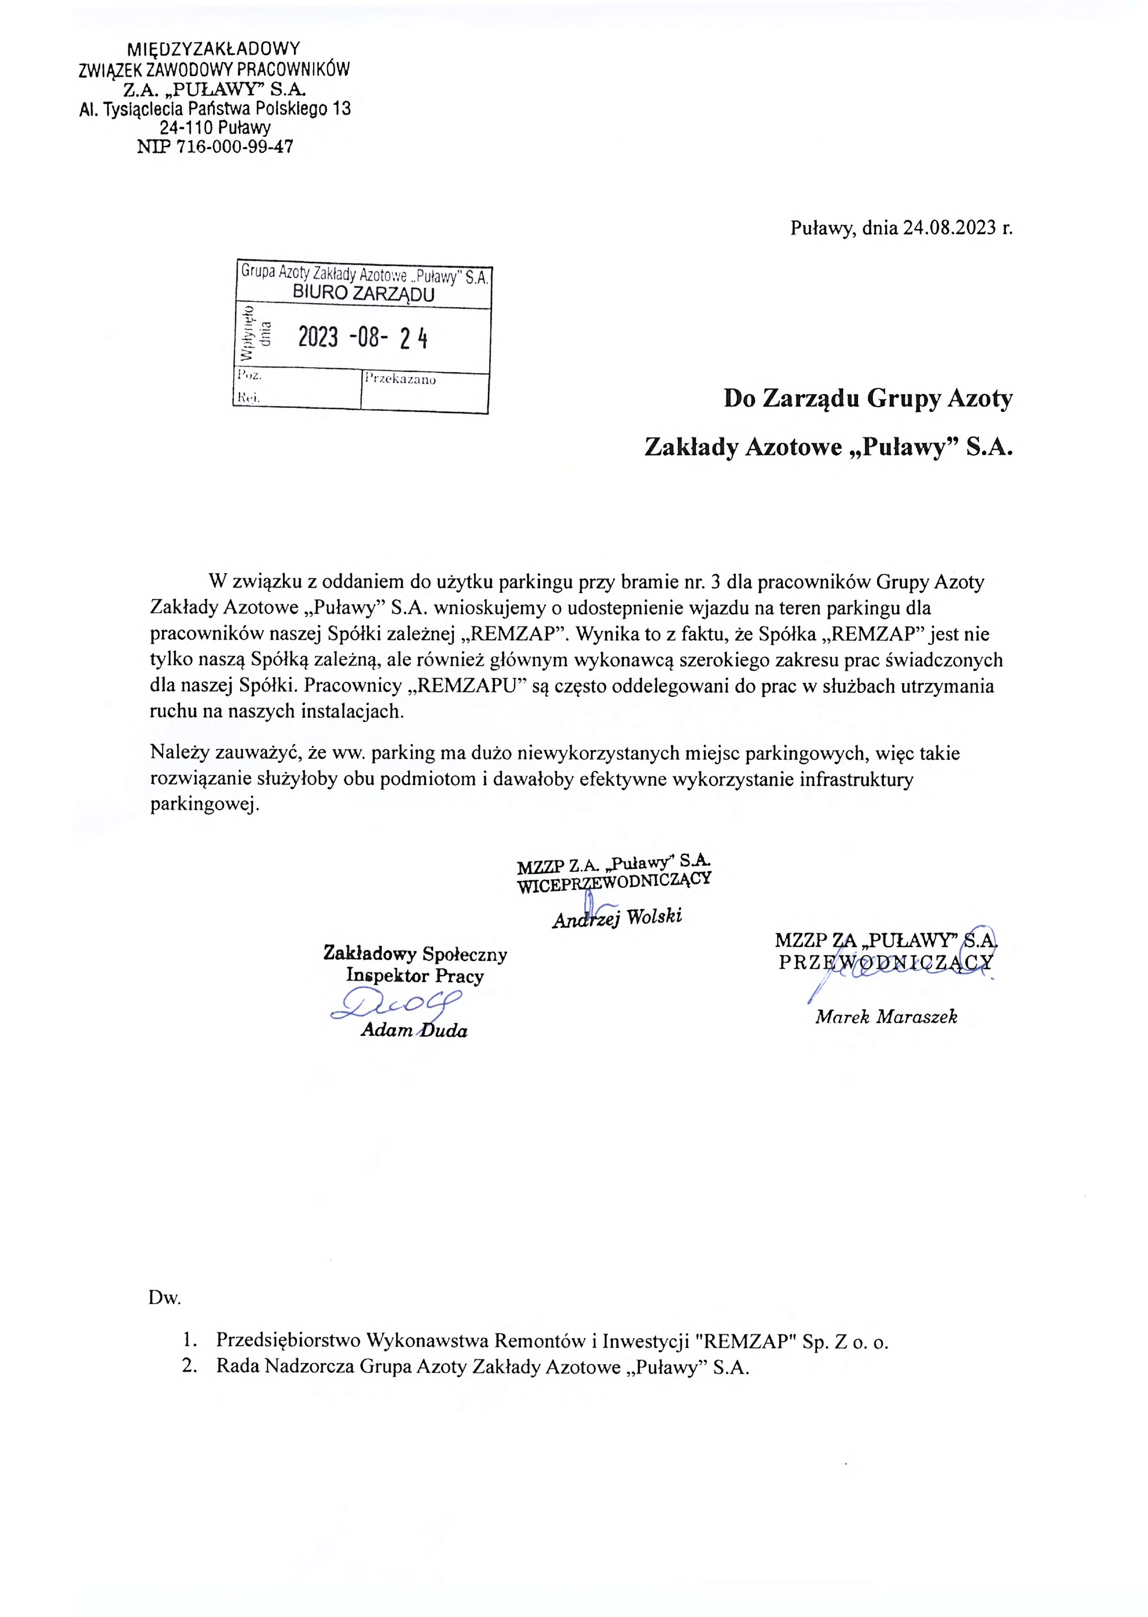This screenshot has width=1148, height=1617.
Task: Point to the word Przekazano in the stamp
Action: click(x=400, y=380)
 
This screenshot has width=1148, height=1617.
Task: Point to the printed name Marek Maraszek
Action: click(x=886, y=1017)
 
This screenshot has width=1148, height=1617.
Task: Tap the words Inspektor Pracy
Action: click(x=415, y=976)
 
